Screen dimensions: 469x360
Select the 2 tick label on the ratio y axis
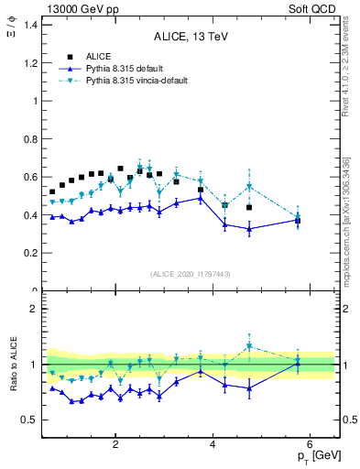click(34, 309)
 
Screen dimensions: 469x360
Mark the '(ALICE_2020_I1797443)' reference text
click(191, 275)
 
